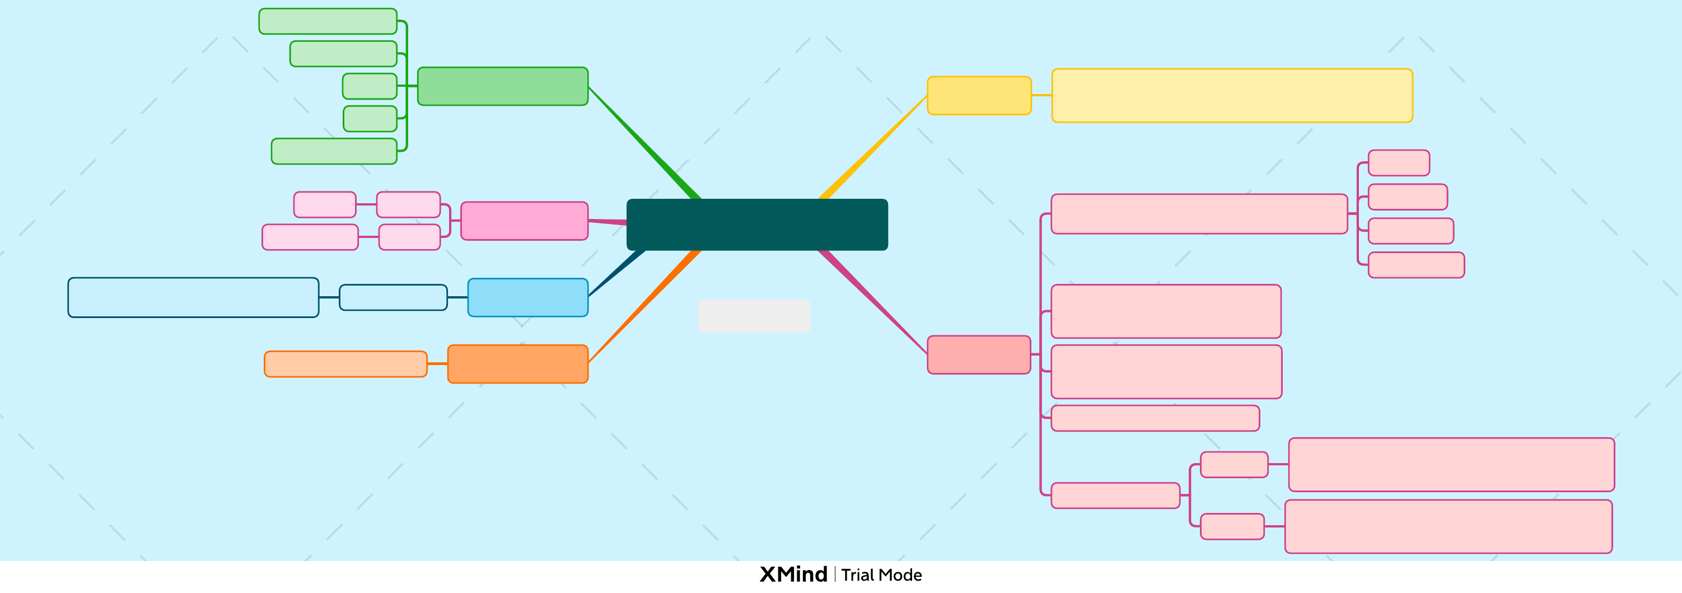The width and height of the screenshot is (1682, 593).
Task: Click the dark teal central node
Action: point(757,224)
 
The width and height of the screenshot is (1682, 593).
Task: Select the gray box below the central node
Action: point(754,316)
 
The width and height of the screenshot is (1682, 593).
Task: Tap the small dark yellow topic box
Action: point(979,95)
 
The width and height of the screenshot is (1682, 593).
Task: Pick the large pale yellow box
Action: point(1231,95)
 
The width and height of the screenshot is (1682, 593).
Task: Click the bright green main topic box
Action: point(503,86)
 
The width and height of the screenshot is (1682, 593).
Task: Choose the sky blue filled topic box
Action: point(527,297)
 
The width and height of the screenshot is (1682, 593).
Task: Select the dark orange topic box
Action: point(518,364)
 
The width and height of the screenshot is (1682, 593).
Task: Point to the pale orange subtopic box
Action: point(345,364)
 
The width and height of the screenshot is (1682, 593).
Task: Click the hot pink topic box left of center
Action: point(524,221)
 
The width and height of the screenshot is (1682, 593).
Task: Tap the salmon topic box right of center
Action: point(979,354)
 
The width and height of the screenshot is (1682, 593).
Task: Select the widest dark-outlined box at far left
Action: point(193,297)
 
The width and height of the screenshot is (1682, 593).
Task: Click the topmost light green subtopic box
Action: point(328,21)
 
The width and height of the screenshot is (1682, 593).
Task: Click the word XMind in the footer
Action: point(793,575)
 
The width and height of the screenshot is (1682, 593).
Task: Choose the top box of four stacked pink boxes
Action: point(1399,162)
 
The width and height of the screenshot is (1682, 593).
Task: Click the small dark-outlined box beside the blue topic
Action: point(393,297)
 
